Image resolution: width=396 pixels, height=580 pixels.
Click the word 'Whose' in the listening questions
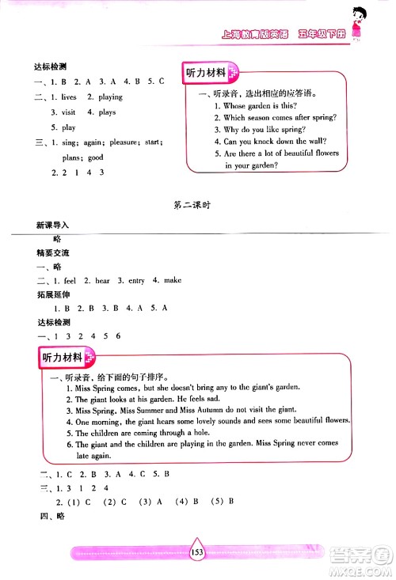click(237, 105)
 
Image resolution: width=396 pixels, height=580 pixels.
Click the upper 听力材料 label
click(205, 73)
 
